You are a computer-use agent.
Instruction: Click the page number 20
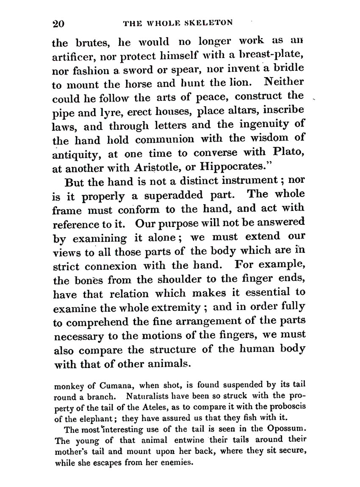(58, 23)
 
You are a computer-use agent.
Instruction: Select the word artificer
(72, 56)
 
